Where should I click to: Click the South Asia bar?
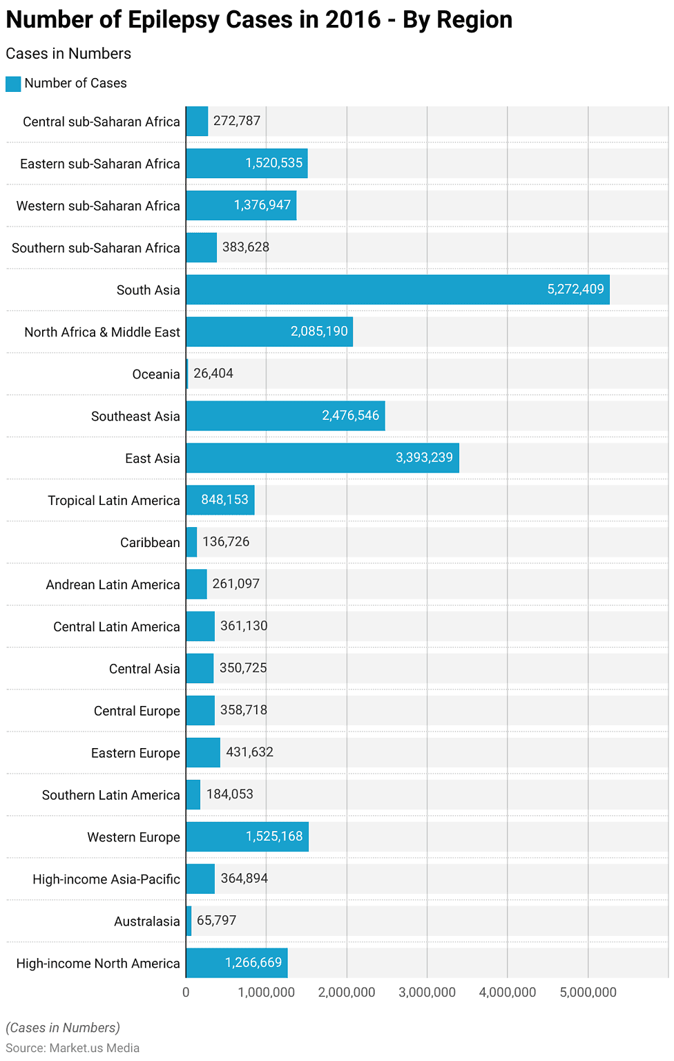coord(397,289)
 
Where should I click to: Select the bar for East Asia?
coord(322,458)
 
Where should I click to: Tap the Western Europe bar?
coord(247,837)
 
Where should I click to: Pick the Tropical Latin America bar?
coord(220,500)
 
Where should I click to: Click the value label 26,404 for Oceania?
coord(213,374)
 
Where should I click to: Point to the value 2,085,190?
coord(319,332)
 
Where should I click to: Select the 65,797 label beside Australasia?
coord(216,921)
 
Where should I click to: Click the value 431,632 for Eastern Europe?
coord(249,752)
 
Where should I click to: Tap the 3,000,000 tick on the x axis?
coord(427,993)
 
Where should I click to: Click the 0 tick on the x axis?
coord(186,993)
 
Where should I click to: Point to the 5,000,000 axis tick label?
coord(588,993)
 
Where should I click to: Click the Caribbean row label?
coord(150,543)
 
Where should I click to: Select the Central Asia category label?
coord(144,669)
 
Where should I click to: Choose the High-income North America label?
coord(98,964)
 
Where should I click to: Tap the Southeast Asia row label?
coord(135,417)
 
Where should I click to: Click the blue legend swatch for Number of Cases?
coord(13,84)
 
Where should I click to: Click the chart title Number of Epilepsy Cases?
coord(259,20)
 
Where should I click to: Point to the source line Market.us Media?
coord(73,1048)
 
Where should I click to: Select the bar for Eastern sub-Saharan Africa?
coord(247,163)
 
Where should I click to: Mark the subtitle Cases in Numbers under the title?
coord(68,54)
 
